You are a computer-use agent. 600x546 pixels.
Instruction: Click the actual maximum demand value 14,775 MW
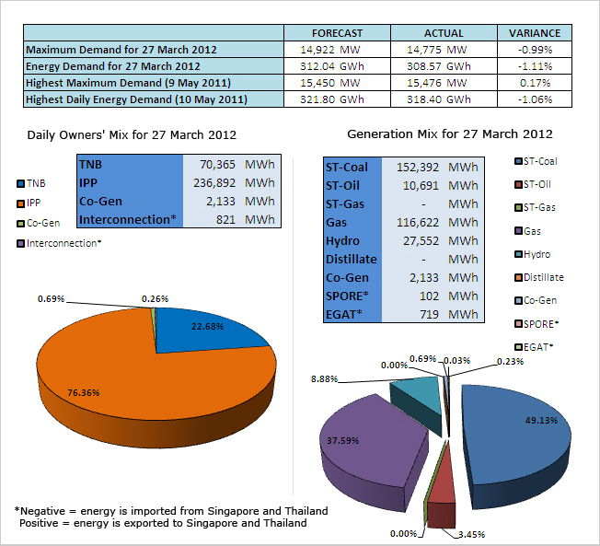431,49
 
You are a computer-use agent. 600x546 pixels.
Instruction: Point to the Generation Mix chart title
450,134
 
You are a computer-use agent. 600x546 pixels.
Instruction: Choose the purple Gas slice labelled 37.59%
368,442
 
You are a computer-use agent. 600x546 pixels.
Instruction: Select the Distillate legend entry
543,277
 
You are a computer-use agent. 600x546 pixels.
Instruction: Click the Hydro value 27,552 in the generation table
420,240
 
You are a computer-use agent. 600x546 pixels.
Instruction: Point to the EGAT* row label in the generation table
344,314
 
